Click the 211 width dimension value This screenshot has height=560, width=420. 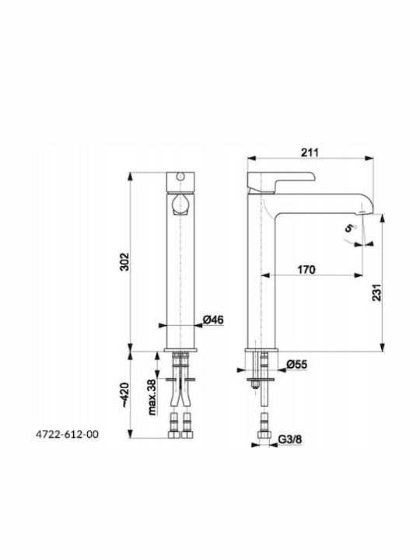pos(310,152)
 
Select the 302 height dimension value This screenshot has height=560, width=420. pos(124,262)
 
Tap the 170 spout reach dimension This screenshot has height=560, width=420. pos(306,269)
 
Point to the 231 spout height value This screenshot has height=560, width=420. pos(377,292)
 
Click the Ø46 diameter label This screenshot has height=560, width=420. pos(213,320)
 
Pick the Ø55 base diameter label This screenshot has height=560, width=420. pos(297,364)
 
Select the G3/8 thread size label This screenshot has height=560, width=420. pos(289,439)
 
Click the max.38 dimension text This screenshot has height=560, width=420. pos(152,397)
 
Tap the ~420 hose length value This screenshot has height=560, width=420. pos(124,395)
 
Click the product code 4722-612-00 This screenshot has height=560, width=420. pos(67,435)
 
